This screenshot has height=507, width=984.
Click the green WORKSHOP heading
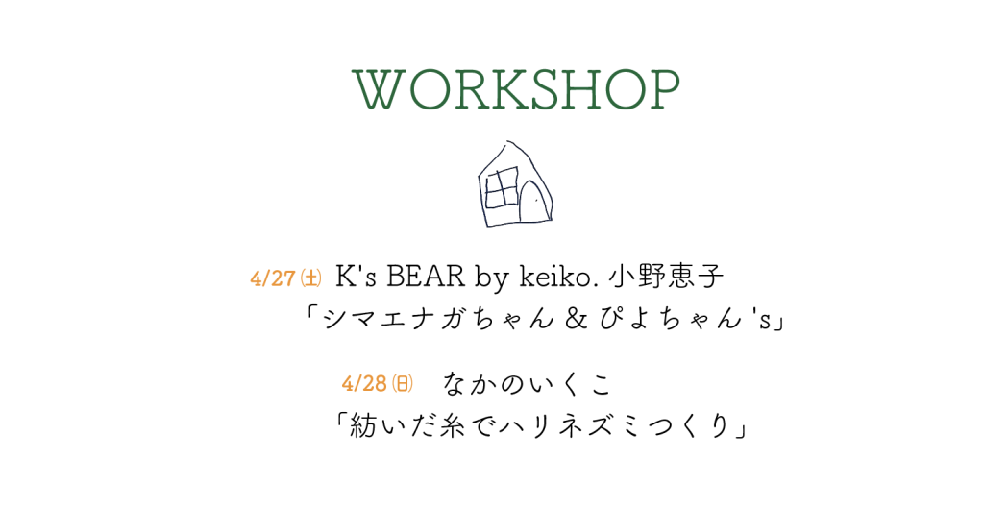coord(516,89)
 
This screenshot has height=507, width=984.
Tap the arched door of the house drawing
coord(531,201)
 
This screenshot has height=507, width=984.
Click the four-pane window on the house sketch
coord(502,187)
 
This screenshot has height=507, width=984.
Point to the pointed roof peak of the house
coord(509,142)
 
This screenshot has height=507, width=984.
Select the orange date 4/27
coord(272,278)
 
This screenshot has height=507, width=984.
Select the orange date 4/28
coord(364,383)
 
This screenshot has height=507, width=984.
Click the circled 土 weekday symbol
coord(311,278)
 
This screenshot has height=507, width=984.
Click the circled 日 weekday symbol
coord(403,383)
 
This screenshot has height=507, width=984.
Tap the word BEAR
coord(426,278)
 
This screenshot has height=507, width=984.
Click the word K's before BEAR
coord(356,278)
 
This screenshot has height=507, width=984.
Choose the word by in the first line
coord(491,279)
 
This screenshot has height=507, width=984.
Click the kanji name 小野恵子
coord(667,277)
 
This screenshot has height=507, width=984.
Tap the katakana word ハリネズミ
coord(592,426)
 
